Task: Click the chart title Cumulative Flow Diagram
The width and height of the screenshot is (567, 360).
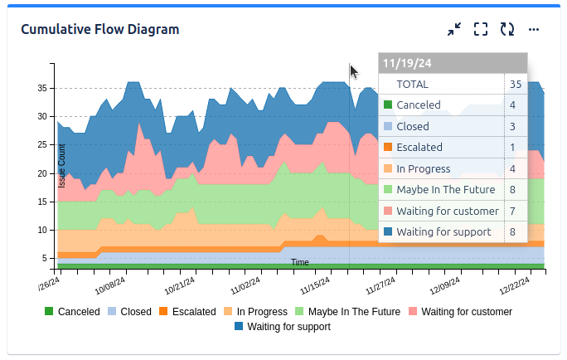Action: (99, 30)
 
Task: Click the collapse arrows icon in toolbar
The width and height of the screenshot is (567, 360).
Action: (454, 30)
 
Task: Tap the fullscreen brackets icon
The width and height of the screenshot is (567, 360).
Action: (481, 30)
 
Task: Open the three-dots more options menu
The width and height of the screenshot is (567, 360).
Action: (534, 30)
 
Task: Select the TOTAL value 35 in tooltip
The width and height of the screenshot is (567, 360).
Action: (516, 84)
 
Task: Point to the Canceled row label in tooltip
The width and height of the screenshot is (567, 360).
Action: (419, 105)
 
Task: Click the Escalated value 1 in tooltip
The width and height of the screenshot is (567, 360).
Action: (513, 148)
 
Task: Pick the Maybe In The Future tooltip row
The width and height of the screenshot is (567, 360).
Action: (445, 189)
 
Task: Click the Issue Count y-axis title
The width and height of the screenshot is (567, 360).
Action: (62, 165)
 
